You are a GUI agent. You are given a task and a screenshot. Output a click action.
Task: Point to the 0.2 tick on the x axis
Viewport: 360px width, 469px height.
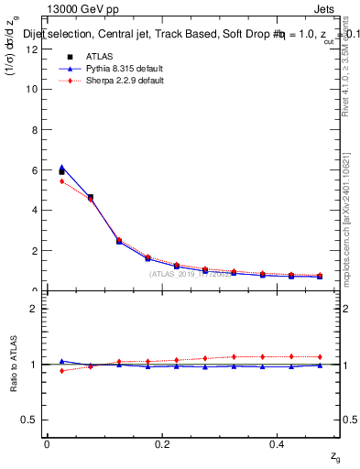coord(162,443)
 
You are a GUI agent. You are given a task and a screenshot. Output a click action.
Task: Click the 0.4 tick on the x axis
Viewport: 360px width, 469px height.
coord(278,443)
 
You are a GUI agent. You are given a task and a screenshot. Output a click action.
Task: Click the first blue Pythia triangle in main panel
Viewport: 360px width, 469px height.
coord(61,167)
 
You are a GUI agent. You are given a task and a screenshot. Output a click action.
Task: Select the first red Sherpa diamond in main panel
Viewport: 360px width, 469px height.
coord(61,181)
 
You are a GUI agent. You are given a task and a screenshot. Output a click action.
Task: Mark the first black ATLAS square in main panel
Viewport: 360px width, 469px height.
coord(61,172)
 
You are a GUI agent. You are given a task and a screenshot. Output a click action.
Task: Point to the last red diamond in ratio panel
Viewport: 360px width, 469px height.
coord(319,356)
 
